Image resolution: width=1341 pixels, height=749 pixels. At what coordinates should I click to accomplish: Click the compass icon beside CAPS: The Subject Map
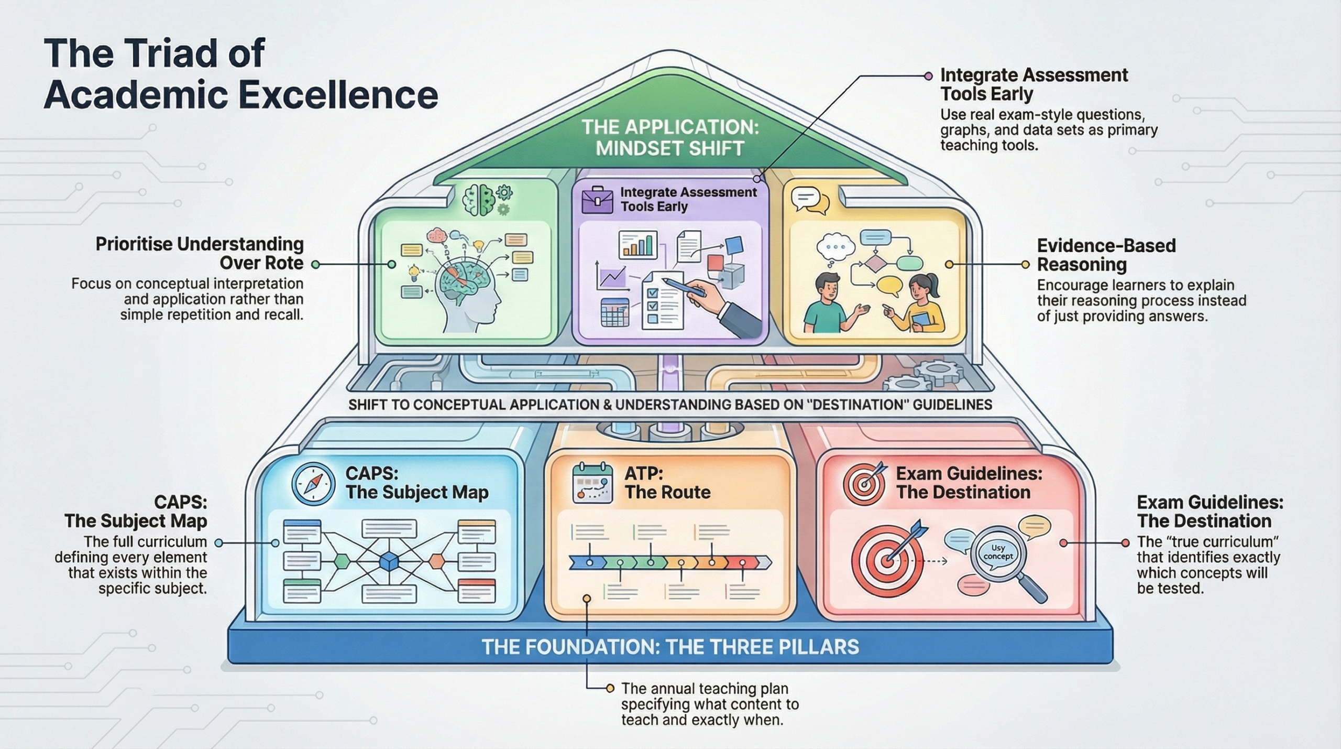313,483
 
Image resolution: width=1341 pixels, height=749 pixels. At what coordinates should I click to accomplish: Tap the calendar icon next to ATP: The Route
592,483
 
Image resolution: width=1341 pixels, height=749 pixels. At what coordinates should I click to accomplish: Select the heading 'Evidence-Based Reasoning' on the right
1106,255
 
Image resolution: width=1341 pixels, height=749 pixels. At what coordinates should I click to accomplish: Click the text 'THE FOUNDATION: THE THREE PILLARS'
670,647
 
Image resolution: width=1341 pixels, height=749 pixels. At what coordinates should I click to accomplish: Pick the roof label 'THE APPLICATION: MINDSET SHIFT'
670,138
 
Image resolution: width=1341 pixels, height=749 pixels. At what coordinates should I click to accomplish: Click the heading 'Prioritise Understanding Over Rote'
199,253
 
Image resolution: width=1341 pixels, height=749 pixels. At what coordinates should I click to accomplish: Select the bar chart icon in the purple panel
637,244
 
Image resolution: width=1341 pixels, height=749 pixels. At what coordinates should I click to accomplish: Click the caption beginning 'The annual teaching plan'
710,704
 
